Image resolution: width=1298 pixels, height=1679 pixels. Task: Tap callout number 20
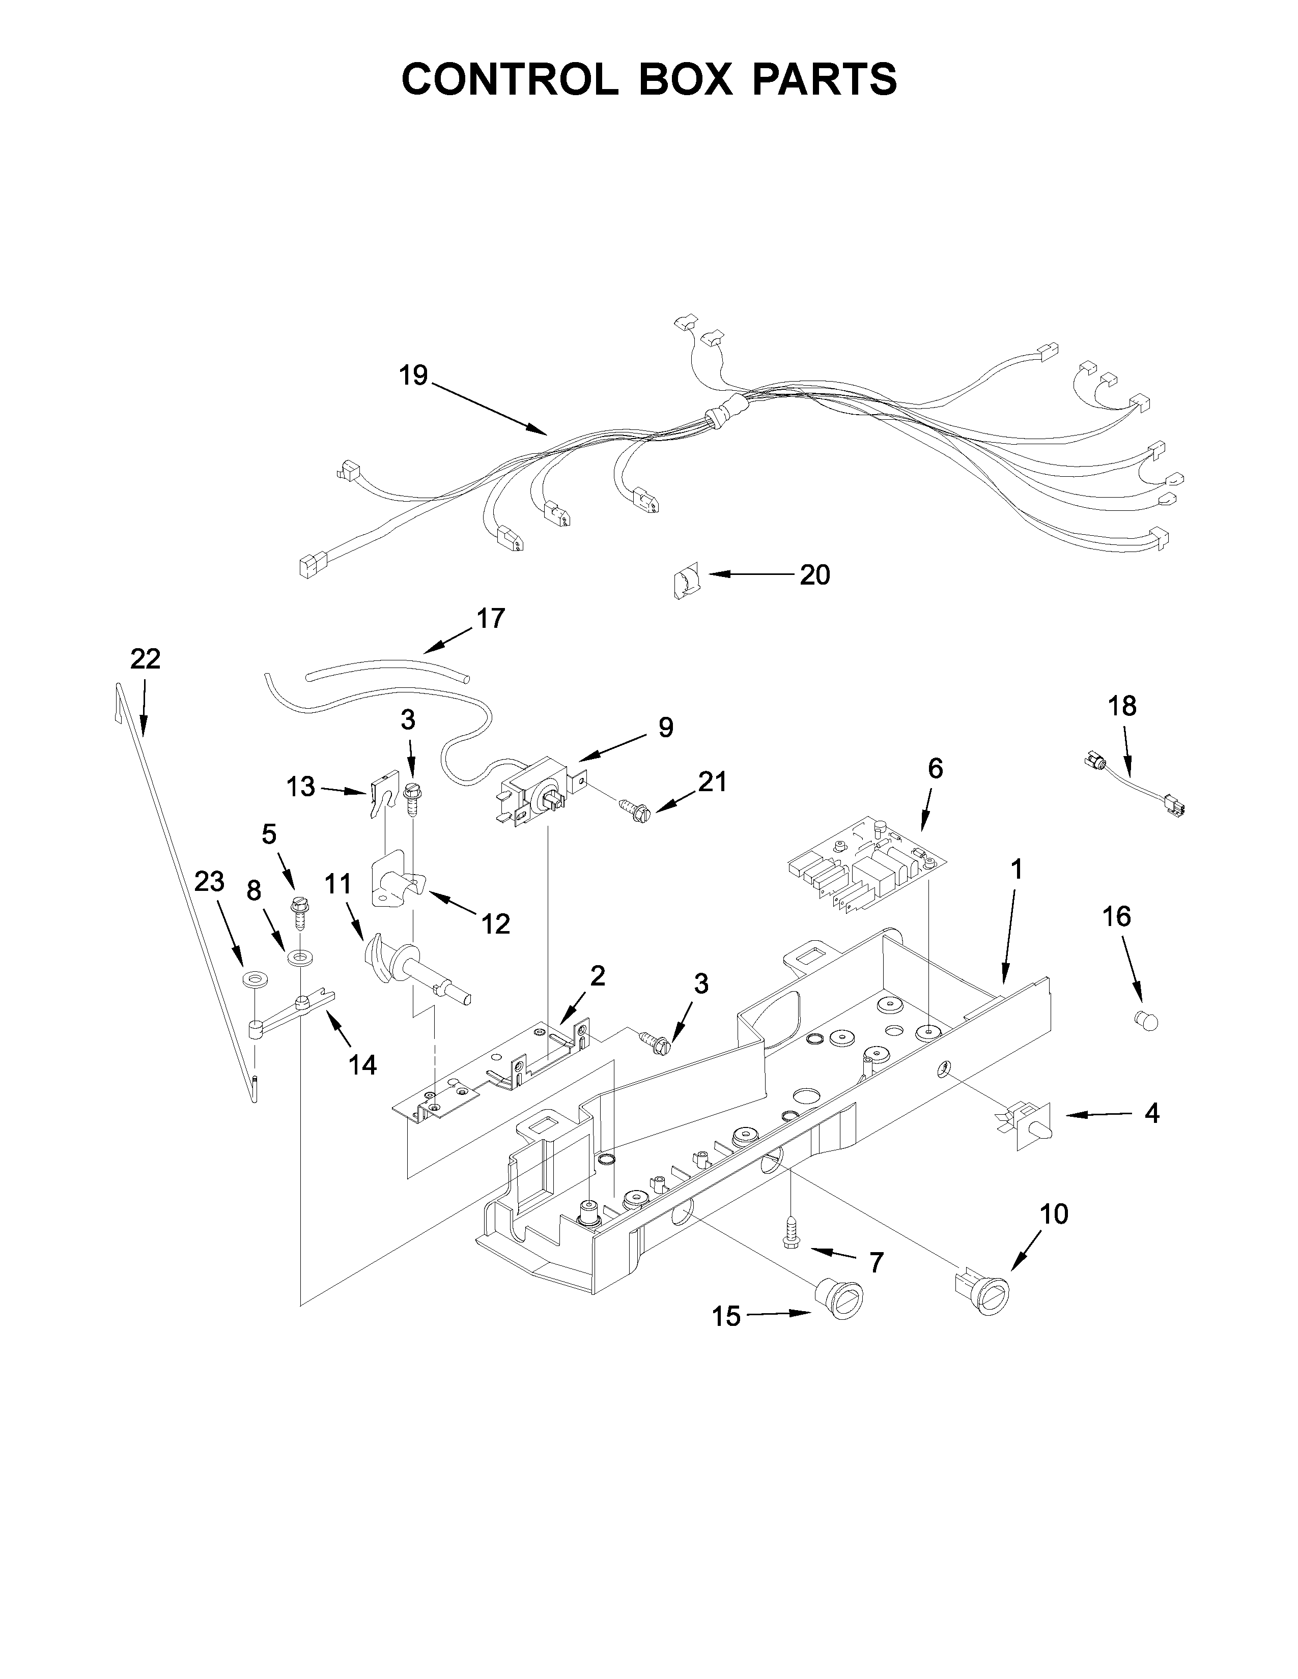[x=814, y=574]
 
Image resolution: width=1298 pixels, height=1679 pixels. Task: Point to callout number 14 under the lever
[x=362, y=1065]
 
